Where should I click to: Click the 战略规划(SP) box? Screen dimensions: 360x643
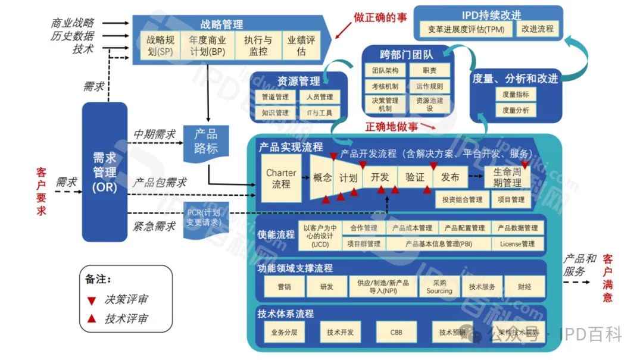(161, 46)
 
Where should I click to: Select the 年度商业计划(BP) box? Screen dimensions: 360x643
(207, 46)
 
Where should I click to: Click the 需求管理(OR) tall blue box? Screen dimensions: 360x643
(104, 171)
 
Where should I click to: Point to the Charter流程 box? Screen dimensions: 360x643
(281, 179)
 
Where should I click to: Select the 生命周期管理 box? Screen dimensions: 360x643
(507, 177)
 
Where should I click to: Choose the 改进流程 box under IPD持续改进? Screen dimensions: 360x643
(537, 29)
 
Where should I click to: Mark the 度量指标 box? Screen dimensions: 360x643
(515, 94)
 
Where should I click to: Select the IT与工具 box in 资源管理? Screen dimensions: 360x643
(320, 112)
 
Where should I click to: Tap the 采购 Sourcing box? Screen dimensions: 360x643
(439, 287)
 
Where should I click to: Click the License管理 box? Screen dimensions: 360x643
(517, 243)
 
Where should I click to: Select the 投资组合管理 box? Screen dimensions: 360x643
(462, 200)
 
